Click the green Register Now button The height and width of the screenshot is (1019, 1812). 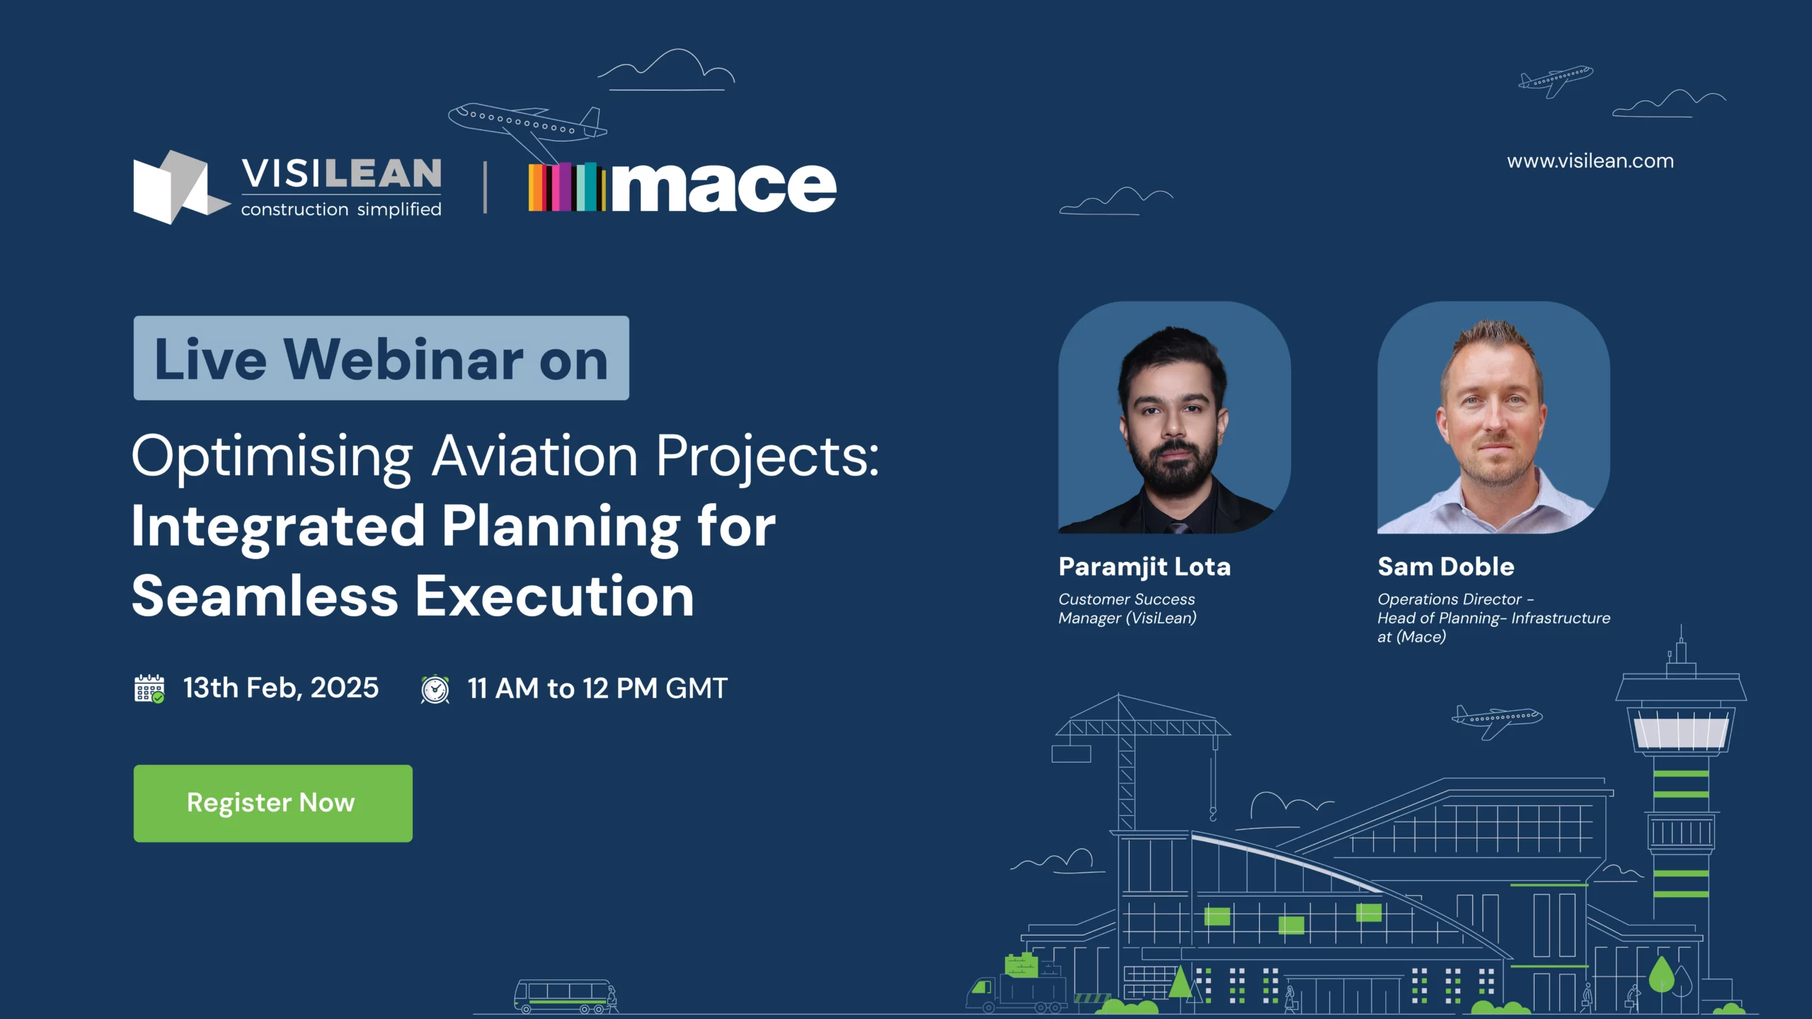pos(273,803)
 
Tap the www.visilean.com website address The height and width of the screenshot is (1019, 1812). pos(1590,161)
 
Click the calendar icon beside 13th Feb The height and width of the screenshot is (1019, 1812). pos(149,689)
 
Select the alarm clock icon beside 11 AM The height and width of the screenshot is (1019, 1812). pos(435,689)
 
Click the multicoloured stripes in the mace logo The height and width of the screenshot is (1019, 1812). pos(566,187)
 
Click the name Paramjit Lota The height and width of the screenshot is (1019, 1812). pos(1145,567)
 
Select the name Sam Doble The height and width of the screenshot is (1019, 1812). pos(1445,567)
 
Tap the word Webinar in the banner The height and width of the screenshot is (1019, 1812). pos(403,359)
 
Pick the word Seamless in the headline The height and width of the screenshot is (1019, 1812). pos(265,597)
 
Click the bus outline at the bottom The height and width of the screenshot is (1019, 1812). pos(563,996)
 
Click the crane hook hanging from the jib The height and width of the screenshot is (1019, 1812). pos(1212,814)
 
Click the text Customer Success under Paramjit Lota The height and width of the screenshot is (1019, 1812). pos(1126,599)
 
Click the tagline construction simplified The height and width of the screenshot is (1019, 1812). pos(341,209)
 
